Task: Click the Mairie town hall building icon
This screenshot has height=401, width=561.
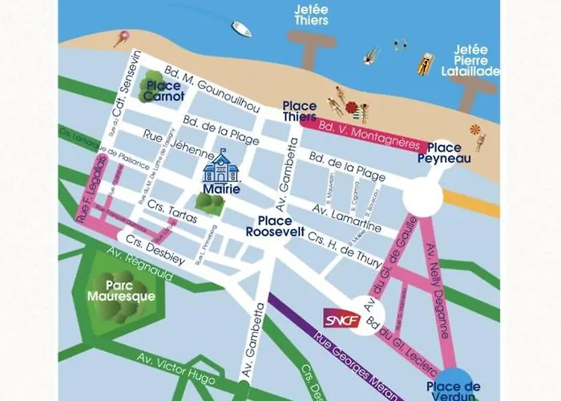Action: click(x=220, y=166)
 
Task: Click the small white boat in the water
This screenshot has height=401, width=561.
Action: click(x=242, y=30)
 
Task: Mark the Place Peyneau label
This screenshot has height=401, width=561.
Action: click(x=444, y=153)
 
